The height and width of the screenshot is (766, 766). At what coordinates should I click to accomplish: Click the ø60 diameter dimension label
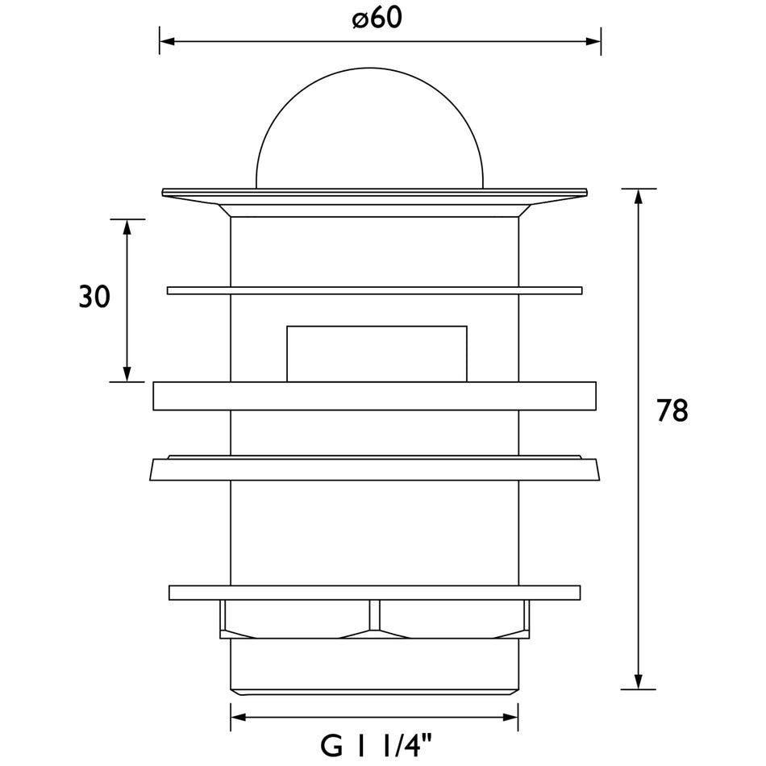[x=377, y=19]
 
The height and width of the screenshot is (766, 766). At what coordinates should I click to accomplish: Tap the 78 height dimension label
[x=672, y=410]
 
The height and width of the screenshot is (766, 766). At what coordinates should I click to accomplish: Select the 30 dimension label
[x=94, y=297]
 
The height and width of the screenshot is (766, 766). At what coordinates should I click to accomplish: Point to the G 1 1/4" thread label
[x=377, y=746]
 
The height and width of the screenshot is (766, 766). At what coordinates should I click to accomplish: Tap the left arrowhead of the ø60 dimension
[x=167, y=41]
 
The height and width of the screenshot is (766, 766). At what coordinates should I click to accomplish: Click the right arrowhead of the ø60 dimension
[x=593, y=41]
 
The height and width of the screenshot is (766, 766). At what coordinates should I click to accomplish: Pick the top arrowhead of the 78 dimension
[x=638, y=196]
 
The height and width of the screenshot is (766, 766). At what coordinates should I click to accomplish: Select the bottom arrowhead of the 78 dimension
[x=638, y=681]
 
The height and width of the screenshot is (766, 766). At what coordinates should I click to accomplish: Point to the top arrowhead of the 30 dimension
[x=127, y=227]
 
